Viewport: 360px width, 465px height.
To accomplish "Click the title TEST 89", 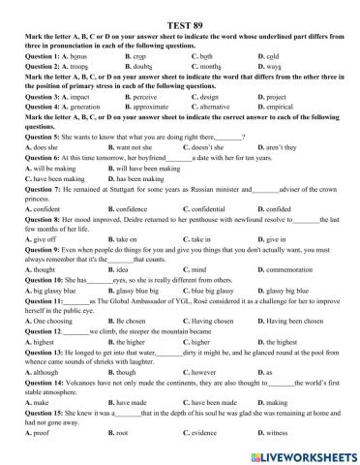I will coord(179,10).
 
